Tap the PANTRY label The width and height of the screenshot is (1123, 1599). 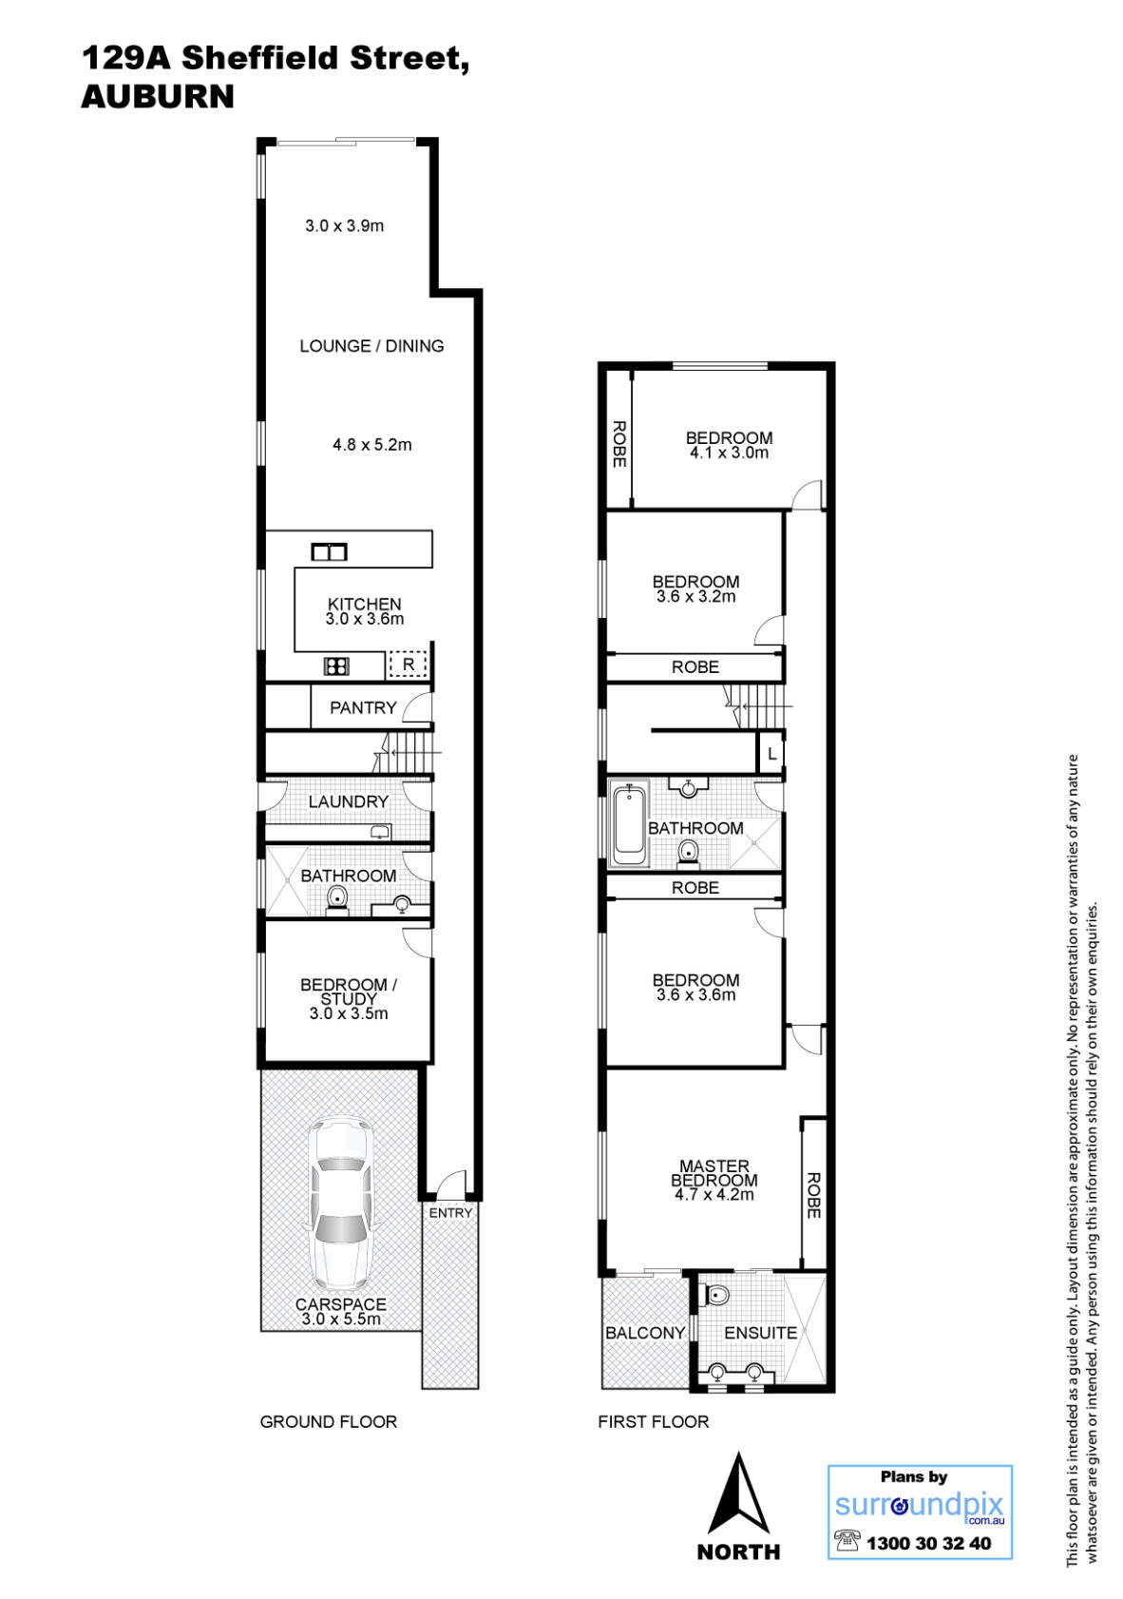(x=363, y=707)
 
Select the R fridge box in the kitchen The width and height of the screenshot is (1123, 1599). (x=409, y=665)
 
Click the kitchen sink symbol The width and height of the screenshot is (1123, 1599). (x=330, y=551)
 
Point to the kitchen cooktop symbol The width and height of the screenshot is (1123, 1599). (x=336, y=666)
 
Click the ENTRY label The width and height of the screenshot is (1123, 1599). (x=450, y=1213)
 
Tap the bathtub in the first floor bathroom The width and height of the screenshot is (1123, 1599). (x=628, y=824)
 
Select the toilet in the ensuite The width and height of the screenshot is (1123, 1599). (x=717, y=1295)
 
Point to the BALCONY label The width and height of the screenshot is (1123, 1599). (x=645, y=1333)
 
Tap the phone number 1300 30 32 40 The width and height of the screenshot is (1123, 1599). (x=927, y=1544)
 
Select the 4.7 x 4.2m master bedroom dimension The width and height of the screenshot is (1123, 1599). (x=714, y=1195)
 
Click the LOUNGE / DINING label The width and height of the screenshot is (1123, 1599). (x=371, y=346)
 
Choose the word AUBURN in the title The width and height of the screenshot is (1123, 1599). (x=158, y=97)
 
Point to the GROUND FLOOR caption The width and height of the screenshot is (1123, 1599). (x=329, y=1422)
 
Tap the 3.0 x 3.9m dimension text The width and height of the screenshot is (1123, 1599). (x=344, y=226)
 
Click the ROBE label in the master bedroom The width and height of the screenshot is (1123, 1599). (x=813, y=1195)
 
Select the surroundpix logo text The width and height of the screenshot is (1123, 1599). (x=918, y=1506)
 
